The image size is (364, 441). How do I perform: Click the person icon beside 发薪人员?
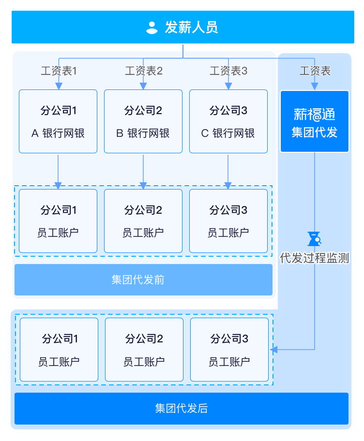[152, 28]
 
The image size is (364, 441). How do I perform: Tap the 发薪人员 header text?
[192, 28]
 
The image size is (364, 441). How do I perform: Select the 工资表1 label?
[59, 71]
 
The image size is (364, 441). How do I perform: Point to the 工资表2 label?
[144, 71]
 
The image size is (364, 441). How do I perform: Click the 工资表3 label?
[228, 71]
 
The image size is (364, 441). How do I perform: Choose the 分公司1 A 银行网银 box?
[58, 121]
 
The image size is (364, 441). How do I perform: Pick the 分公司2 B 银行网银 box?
[143, 121]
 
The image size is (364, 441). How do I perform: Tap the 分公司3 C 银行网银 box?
[228, 121]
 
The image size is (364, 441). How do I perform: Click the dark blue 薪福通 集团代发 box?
[315, 121]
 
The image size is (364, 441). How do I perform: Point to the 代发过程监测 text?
[315, 258]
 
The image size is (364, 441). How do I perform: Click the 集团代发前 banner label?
[138, 280]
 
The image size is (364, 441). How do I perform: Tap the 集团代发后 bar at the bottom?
[182, 409]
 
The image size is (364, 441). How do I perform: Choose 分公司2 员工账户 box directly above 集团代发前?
[143, 221]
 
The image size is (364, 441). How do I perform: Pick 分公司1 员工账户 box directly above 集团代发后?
[59, 350]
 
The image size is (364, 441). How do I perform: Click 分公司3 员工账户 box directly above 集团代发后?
[229, 350]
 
